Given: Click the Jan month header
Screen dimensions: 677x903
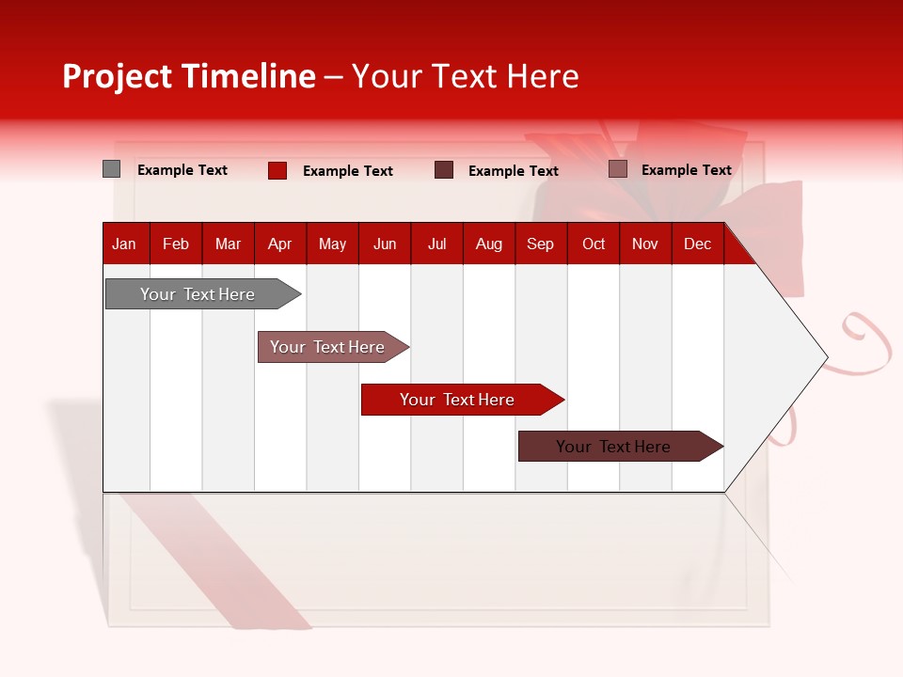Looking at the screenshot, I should click(x=124, y=244).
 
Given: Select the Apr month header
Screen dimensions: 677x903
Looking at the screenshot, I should click(x=279, y=244).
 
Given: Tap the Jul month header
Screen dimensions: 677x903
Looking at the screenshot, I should click(x=436, y=244).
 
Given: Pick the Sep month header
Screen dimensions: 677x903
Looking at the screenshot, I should click(x=540, y=244).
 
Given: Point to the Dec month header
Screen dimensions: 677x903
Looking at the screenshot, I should click(x=697, y=244).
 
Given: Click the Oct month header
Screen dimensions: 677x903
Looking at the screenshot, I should click(x=594, y=244).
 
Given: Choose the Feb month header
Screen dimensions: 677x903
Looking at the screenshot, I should click(x=176, y=244).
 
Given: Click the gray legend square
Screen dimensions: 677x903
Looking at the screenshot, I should click(x=111, y=169).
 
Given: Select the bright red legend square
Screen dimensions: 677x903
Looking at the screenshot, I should click(x=277, y=170).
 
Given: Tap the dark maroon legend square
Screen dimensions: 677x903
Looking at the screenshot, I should click(x=444, y=170).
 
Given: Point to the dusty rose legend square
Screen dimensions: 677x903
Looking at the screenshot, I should click(x=618, y=169).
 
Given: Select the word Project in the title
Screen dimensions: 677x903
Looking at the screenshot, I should click(x=117, y=76).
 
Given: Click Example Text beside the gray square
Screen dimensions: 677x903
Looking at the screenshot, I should click(x=182, y=170).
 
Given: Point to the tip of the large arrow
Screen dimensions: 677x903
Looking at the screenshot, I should click(x=825, y=357).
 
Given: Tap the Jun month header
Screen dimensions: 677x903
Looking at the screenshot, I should click(x=385, y=244).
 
